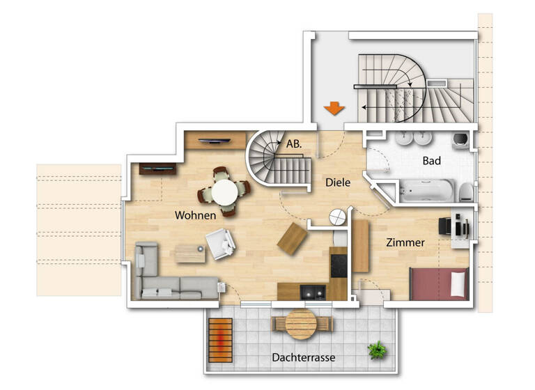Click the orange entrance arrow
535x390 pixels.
click(334, 109)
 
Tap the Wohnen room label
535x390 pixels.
click(195, 215)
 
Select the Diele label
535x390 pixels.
click(338, 182)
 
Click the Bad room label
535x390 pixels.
click(431, 160)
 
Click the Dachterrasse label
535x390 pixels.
click(304, 358)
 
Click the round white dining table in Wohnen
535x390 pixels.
click(224, 192)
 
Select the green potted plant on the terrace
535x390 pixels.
click(378, 349)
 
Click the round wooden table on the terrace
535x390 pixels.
click(302, 323)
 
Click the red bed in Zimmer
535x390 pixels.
click(438, 284)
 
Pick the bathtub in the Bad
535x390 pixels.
click(426, 189)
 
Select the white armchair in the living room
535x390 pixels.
click(221, 244)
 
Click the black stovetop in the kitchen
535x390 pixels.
click(339, 263)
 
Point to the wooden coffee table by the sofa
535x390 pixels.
click(190, 253)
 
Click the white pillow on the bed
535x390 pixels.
click(458, 284)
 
